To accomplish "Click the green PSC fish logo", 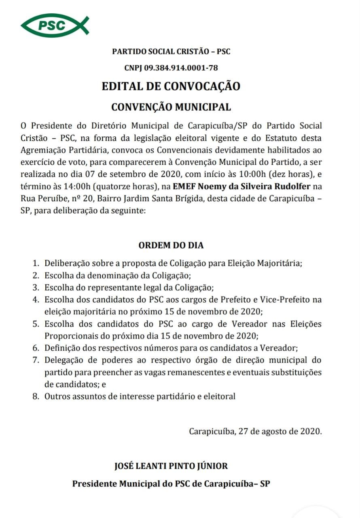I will click(55, 25).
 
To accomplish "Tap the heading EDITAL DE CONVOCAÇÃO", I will click(171, 86).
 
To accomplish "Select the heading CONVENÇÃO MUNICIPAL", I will click(171, 107).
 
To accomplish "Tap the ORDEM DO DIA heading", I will click(171, 245).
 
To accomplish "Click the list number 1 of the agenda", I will click(36, 263).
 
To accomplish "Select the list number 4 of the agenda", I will click(36, 300).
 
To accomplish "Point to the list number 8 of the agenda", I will click(36, 396).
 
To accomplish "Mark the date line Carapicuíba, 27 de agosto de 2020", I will click(255, 431).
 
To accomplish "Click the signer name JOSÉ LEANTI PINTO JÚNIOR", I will click(171, 466).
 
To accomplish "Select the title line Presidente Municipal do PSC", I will click(171, 484).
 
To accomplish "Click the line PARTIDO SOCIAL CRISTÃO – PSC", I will click(171, 52).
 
